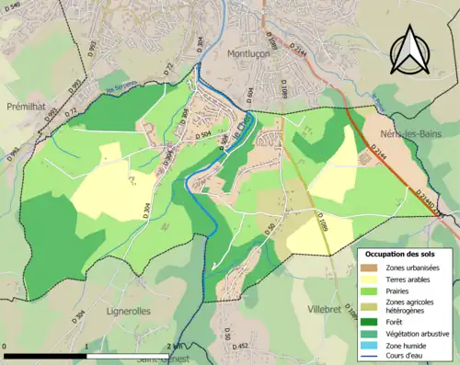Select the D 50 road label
tap(272, 231)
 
